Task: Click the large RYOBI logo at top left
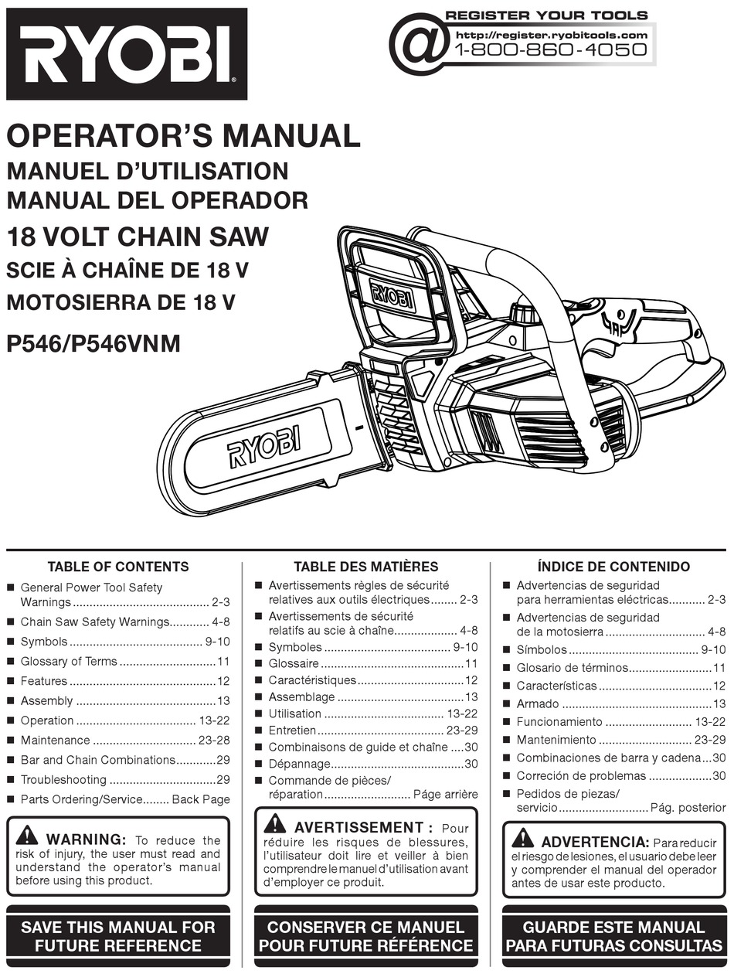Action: coord(127,54)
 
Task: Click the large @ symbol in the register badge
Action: coord(419,42)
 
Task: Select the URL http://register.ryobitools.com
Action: coord(551,35)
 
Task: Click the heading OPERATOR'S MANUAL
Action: coord(183,135)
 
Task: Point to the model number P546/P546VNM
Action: coord(93,343)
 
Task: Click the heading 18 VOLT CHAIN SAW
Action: coord(138,236)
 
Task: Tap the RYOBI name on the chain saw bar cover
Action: coord(263,444)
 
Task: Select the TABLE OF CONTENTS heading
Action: coord(118,567)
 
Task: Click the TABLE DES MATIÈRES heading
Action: coord(365,567)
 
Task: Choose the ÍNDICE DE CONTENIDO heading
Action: coord(613,567)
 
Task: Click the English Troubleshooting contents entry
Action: coord(63,780)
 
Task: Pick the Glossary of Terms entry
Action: coord(69,662)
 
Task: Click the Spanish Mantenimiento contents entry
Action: coord(556,740)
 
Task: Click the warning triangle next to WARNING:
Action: coord(27,835)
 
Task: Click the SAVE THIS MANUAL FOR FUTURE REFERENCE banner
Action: coord(118,936)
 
